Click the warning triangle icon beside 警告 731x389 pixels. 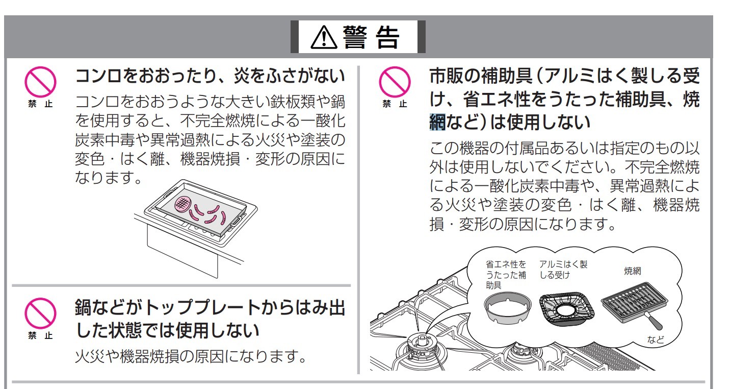click(x=320, y=37)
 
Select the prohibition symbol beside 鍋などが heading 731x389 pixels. click(x=39, y=311)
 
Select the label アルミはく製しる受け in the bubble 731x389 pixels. click(x=563, y=270)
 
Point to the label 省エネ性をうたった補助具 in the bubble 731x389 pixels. click(x=506, y=275)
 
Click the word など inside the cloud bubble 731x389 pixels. click(x=656, y=339)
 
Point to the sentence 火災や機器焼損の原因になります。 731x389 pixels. click(x=191, y=357)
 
